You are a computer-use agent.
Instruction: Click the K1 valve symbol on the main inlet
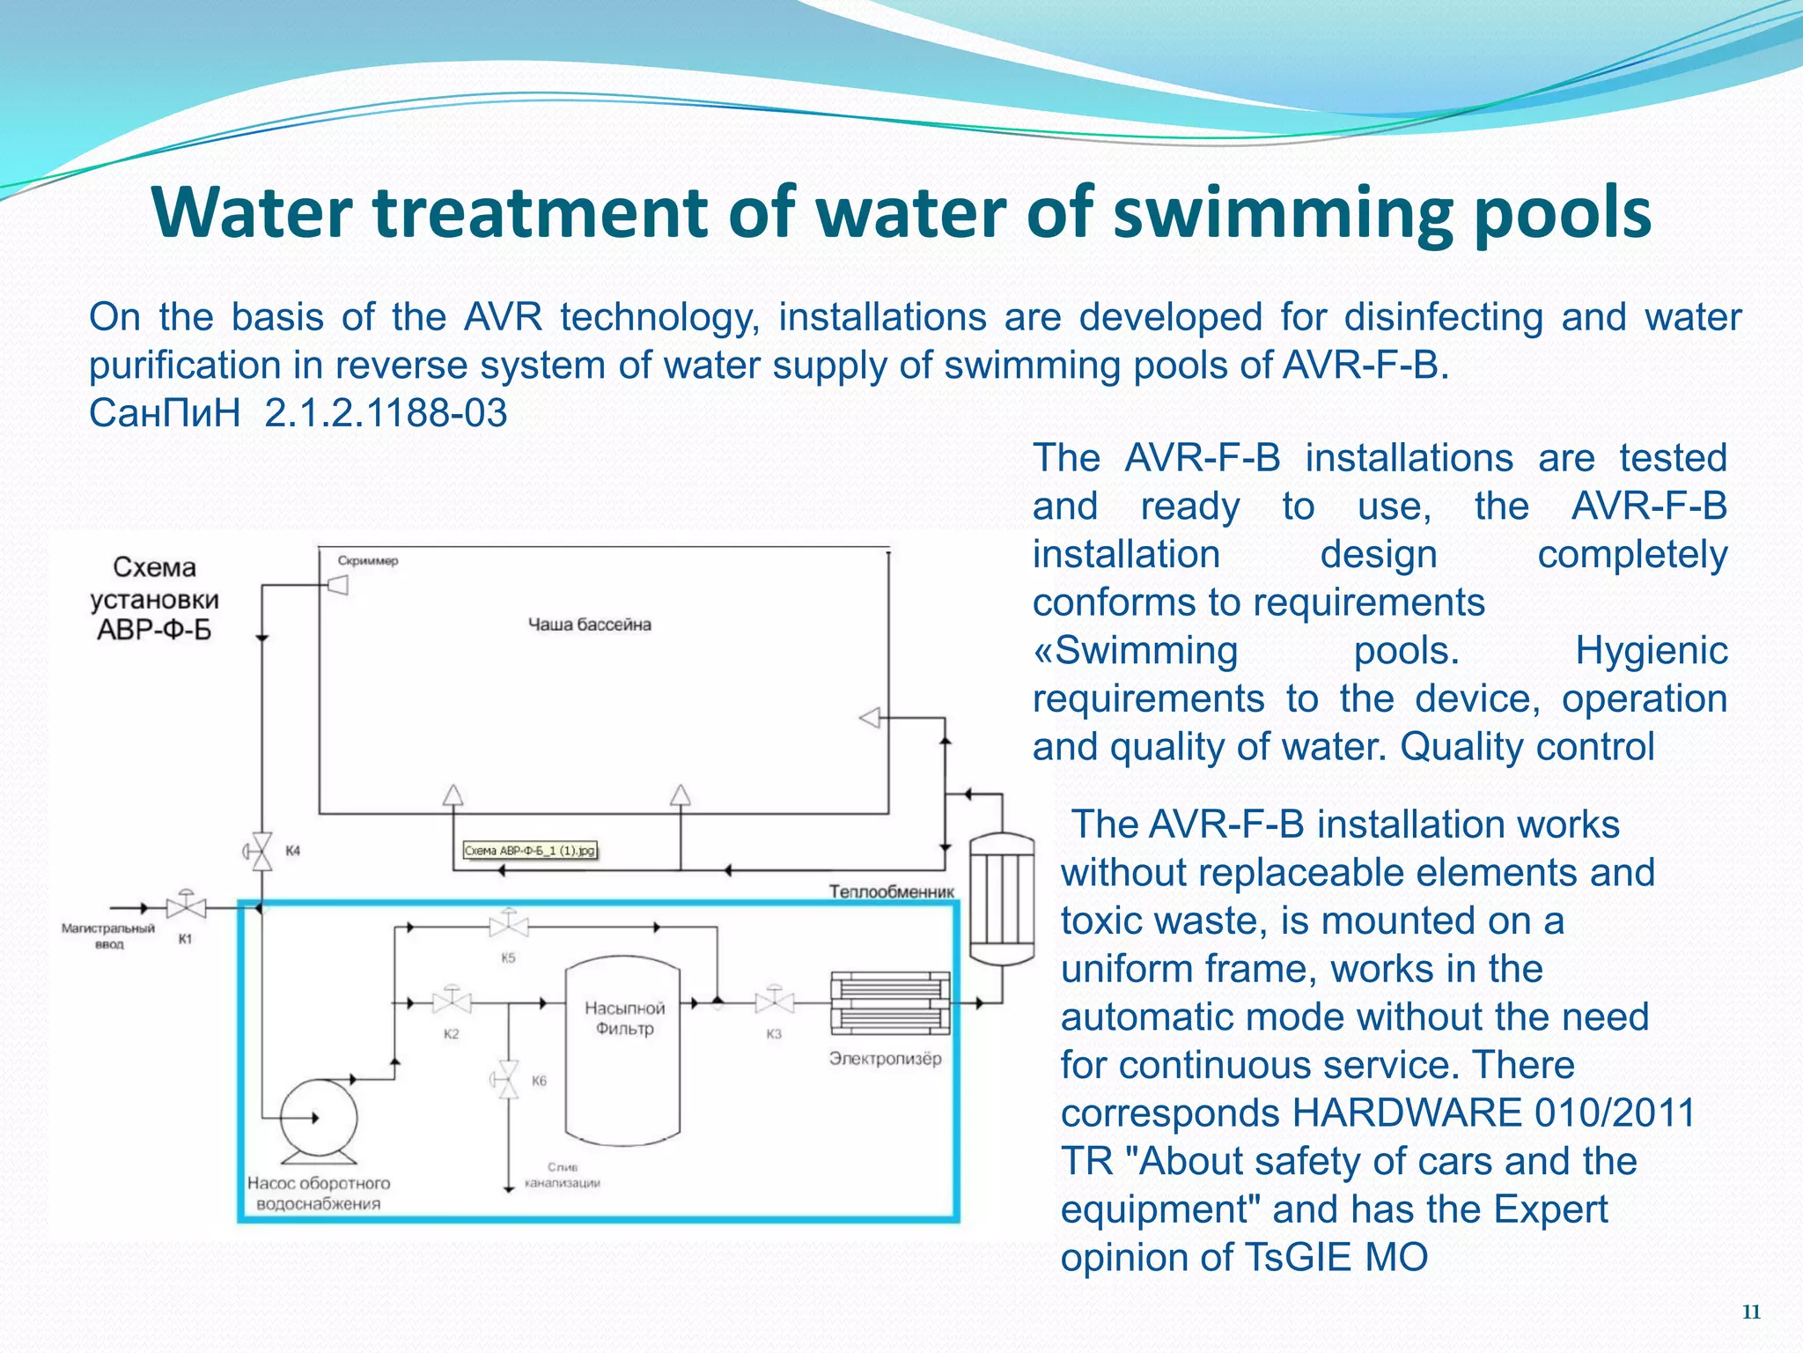click(x=186, y=906)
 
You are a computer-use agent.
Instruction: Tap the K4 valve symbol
click(x=261, y=851)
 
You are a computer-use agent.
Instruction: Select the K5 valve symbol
click(x=508, y=926)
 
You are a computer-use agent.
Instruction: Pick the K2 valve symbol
click(x=452, y=1002)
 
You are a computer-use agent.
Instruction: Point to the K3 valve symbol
click(x=774, y=1002)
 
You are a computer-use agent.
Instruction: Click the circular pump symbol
click(x=318, y=1118)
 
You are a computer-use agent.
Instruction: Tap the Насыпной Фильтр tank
click(x=623, y=1048)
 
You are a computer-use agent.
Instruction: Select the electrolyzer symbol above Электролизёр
click(x=890, y=1002)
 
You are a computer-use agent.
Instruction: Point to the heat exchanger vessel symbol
click(x=1001, y=898)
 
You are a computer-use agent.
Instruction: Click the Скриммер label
click(x=368, y=560)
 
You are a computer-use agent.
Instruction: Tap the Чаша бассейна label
click(x=589, y=625)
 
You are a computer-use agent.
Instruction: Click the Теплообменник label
click(x=891, y=891)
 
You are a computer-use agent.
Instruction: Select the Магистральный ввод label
click(x=108, y=935)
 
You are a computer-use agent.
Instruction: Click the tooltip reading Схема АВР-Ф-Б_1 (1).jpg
click(x=530, y=850)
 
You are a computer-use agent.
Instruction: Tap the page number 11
click(x=1751, y=1312)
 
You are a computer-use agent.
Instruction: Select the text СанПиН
click(x=165, y=412)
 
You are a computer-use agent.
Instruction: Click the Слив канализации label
click(x=562, y=1175)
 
